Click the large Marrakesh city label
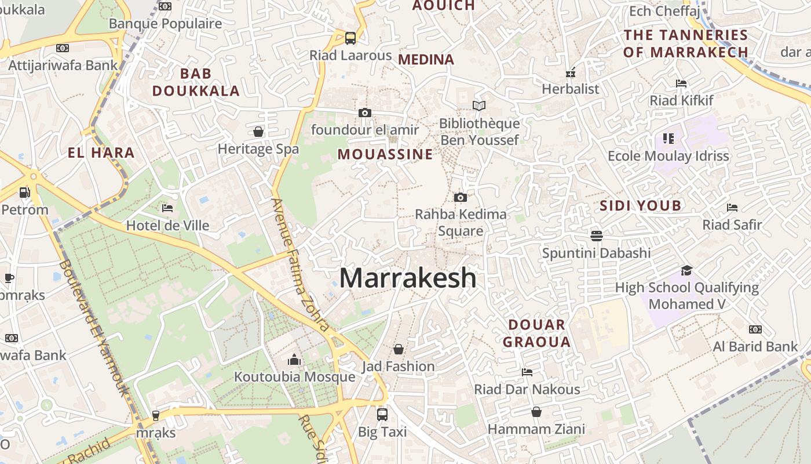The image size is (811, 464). coord(408,278)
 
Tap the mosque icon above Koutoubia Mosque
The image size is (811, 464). coord(294,360)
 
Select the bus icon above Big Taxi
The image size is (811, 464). coord(382,414)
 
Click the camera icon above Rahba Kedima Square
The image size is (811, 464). coord(460,198)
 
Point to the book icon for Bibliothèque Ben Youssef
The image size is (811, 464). coord(478,106)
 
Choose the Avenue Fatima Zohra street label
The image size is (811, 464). coord(300,264)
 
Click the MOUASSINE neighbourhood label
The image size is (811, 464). coord(385,154)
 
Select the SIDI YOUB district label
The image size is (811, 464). coord(640,205)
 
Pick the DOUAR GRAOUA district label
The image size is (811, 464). coord(536,333)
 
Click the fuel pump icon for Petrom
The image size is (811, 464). coord(24,192)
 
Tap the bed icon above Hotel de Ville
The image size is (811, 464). coord(167,208)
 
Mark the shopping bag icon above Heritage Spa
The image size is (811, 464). coord(258,132)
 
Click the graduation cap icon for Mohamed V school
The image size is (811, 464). coord(686,270)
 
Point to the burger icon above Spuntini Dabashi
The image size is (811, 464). coord(597,235)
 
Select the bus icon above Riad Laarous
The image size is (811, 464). coord(350,38)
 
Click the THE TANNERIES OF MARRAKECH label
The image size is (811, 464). coord(686,43)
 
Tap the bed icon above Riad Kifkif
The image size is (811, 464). coord(681,84)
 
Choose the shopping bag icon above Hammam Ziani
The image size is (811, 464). coord(536,412)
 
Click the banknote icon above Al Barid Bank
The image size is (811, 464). coord(755,329)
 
